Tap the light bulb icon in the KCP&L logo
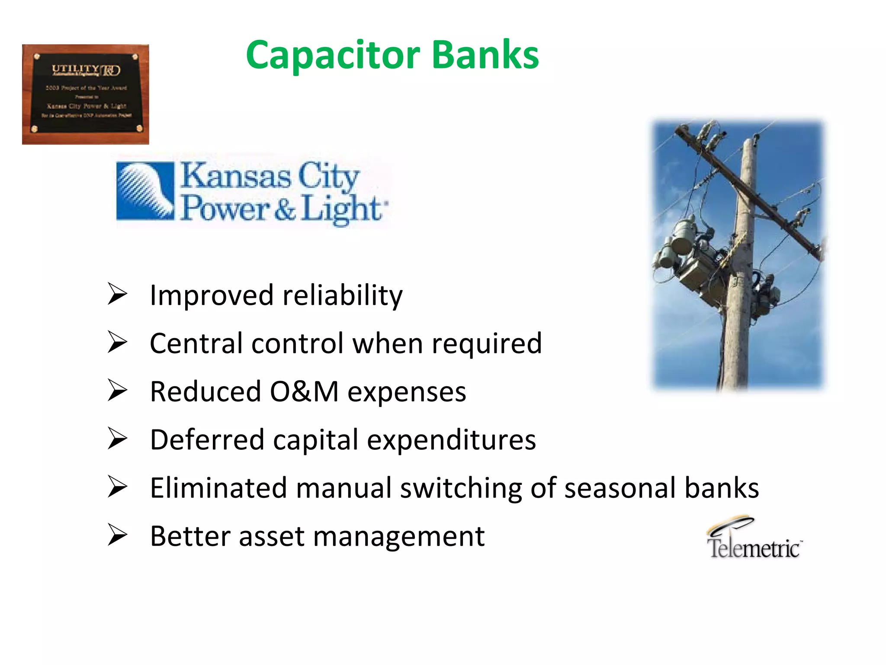(x=145, y=190)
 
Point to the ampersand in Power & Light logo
(x=285, y=209)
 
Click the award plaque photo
(x=85, y=94)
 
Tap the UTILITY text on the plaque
(x=75, y=68)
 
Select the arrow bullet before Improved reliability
(x=117, y=294)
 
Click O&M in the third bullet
(x=304, y=391)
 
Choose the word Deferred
(x=207, y=440)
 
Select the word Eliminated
(x=218, y=488)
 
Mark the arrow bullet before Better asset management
(x=117, y=535)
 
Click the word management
(x=398, y=537)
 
